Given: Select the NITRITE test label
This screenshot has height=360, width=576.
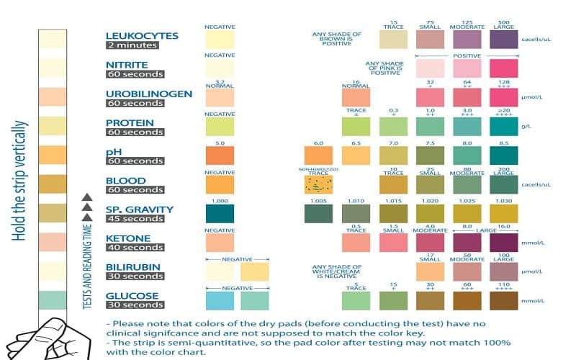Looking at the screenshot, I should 127,64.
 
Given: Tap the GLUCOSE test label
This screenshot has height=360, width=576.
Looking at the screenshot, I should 132,296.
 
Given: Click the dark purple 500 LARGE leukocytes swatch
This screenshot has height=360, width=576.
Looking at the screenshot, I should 503,39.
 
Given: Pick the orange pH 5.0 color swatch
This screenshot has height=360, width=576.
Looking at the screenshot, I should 220,156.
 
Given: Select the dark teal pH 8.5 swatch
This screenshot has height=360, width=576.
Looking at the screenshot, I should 503,156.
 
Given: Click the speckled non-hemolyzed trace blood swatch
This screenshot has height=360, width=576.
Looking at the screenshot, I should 318,185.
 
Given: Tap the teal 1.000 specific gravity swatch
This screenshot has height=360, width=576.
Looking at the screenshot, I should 220,214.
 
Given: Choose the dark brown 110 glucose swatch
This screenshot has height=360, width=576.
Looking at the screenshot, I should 503,300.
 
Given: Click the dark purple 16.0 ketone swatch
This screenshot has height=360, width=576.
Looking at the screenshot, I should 503,243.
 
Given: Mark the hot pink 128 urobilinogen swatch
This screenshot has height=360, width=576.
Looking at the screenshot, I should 503,97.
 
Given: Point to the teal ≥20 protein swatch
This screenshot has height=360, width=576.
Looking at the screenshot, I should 503,127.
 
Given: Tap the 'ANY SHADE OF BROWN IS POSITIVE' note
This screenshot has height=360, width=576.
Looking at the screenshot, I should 336,39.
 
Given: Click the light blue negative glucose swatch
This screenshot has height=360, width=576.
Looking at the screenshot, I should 220,300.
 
